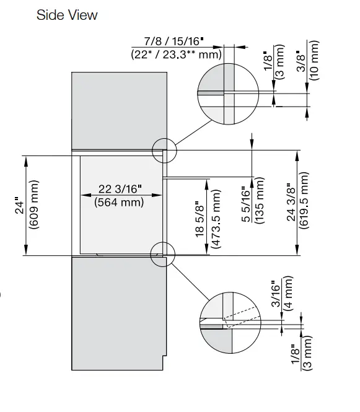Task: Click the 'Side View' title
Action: pos(67,14)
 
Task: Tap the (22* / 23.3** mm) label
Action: pos(177,54)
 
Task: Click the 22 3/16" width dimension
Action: pos(120,189)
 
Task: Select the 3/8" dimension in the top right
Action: pos(301,62)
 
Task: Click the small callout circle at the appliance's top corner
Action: pos(164,149)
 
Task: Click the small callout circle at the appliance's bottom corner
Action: pos(164,253)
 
